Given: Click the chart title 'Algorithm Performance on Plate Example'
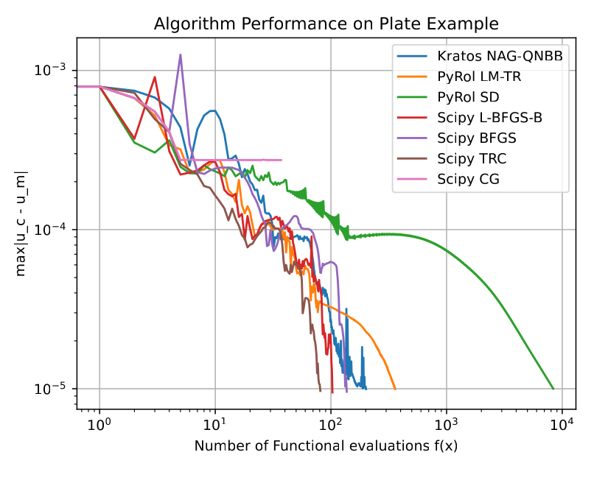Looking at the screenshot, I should coord(326,24).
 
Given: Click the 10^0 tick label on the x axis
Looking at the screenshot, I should coord(99,424).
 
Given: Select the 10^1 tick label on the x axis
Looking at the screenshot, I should coord(214,424).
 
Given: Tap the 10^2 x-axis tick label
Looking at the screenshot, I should coord(331,424).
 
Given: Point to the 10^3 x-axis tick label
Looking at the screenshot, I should coord(447,424).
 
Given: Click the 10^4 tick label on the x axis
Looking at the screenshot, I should coord(562,424).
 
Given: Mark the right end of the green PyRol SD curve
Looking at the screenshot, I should coord(553,389).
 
